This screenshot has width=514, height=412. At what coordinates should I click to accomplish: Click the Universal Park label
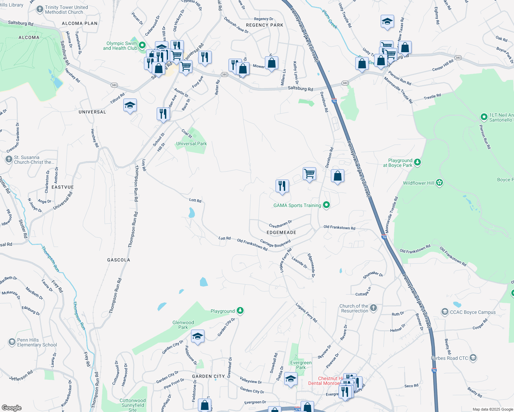(191, 144)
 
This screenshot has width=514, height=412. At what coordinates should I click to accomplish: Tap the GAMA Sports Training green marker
(326, 205)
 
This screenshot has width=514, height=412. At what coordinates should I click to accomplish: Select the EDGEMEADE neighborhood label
(281, 232)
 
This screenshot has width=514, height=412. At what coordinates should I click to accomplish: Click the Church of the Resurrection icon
(373, 308)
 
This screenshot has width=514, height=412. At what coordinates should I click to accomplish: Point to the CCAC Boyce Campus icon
(445, 312)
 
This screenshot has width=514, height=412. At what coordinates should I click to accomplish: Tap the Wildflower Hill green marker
(439, 183)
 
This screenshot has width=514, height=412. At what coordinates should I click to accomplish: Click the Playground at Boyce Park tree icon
(417, 162)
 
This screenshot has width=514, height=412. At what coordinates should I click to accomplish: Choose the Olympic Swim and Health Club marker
(142, 45)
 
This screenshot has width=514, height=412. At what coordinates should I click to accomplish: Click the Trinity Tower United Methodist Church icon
(40, 9)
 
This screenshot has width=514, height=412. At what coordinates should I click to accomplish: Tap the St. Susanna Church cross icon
(9, 159)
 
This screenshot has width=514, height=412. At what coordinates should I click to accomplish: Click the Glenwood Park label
(183, 325)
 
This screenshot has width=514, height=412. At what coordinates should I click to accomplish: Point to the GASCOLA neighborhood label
(119, 260)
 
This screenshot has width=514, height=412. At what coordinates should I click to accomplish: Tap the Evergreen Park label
(301, 365)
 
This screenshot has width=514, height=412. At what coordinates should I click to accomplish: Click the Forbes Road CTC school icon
(473, 358)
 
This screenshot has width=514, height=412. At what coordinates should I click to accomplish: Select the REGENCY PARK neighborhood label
(265, 25)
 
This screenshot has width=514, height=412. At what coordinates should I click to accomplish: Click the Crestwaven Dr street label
(280, 224)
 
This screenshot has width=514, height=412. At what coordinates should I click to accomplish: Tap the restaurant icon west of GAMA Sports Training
(282, 186)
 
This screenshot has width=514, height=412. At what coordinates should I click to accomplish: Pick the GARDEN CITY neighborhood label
(208, 376)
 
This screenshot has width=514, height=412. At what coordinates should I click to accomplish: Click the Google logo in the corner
(12, 408)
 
